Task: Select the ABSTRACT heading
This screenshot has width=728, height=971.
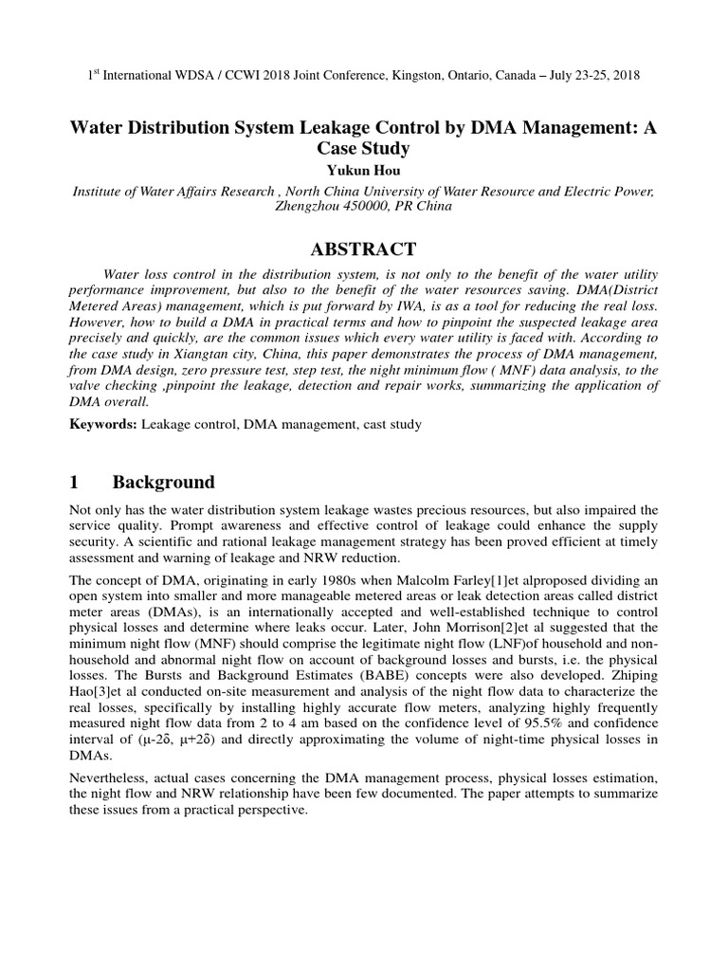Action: point(364,249)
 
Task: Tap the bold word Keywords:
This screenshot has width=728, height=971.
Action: point(104,424)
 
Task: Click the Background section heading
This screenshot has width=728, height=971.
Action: point(163,482)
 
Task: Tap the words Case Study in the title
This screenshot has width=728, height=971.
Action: point(364,149)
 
